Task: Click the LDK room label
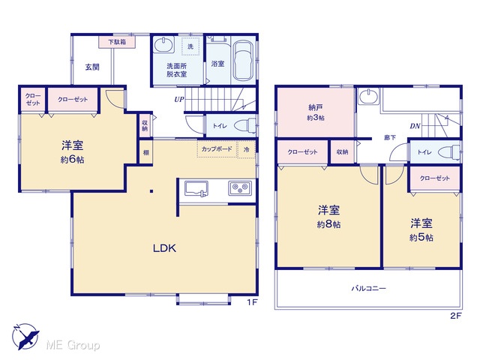[164, 248]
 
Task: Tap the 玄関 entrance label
[92, 67]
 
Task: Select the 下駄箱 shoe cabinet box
[117, 42]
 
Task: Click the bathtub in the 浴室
[244, 60]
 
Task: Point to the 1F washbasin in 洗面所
[164, 45]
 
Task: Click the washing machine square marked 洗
[190, 46]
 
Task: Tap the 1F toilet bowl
[245, 126]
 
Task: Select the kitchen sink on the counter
[196, 188]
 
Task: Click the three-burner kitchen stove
[240, 188]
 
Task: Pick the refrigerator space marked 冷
[247, 149]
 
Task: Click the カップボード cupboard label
[217, 149]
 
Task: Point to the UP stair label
[179, 100]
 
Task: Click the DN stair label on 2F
[415, 126]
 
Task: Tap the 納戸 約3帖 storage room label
[316, 112]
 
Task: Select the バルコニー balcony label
[368, 288]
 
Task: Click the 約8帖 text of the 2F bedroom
[328, 224]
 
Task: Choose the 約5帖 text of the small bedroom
[421, 238]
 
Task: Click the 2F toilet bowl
[449, 152]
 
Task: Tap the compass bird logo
[25, 337]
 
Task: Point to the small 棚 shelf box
[146, 152]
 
